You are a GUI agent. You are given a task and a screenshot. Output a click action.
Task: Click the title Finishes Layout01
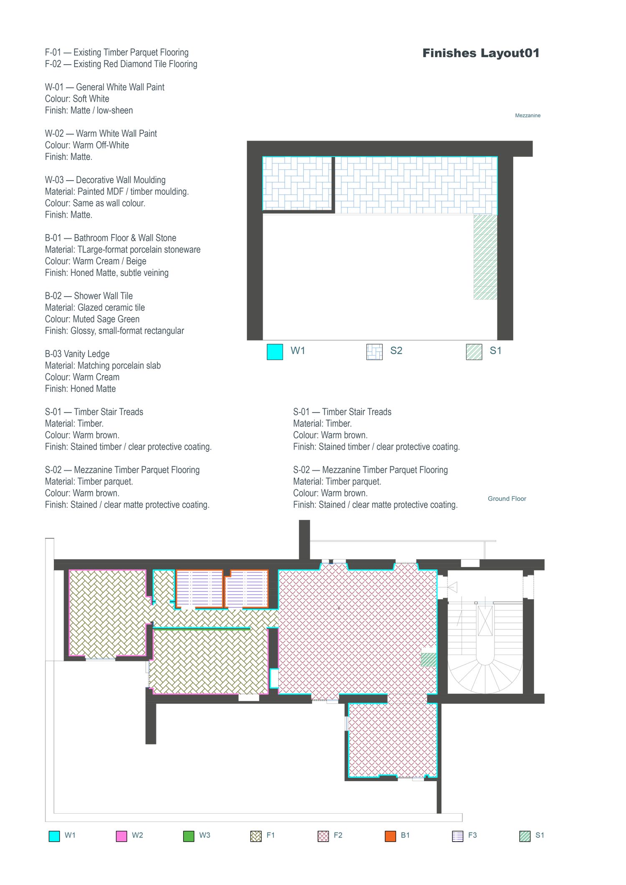click(481, 53)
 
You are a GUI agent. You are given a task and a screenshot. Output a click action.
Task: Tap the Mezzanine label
click(528, 116)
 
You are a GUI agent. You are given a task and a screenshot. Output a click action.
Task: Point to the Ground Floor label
click(507, 499)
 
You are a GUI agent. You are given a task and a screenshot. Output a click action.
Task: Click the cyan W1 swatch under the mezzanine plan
click(275, 351)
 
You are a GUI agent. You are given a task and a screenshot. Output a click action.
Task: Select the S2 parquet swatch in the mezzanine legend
click(374, 351)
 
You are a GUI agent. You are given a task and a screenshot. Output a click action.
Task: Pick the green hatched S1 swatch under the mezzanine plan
click(474, 351)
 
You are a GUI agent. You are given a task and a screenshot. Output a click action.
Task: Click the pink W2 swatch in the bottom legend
click(121, 836)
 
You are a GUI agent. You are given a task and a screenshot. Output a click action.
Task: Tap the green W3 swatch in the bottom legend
click(189, 836)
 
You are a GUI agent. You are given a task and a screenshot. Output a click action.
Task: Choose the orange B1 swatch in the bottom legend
click(390, 836)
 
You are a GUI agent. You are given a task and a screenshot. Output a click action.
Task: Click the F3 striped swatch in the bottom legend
click(458, 836)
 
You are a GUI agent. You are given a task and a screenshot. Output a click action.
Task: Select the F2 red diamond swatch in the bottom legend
click(323, 836)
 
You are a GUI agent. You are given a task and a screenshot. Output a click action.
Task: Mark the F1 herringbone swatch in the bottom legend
click(256, 836)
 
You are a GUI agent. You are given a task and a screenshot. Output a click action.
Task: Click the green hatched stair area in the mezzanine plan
click(485, 257)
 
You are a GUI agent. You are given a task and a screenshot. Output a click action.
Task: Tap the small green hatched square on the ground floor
click(429, 660)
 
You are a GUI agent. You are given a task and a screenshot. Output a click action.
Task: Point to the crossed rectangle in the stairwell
click(485, 621)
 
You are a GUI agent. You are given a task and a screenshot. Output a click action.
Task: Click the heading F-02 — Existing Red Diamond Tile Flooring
click(121, 64)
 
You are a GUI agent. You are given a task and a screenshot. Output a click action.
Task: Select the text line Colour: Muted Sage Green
click(92, 319)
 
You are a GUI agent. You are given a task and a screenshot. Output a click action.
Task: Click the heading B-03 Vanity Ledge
click(77, 354)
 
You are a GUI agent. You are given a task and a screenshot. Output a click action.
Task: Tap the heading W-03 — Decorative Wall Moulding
click(105, 180)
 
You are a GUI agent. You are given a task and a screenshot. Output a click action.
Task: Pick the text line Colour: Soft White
click(77, 99)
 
